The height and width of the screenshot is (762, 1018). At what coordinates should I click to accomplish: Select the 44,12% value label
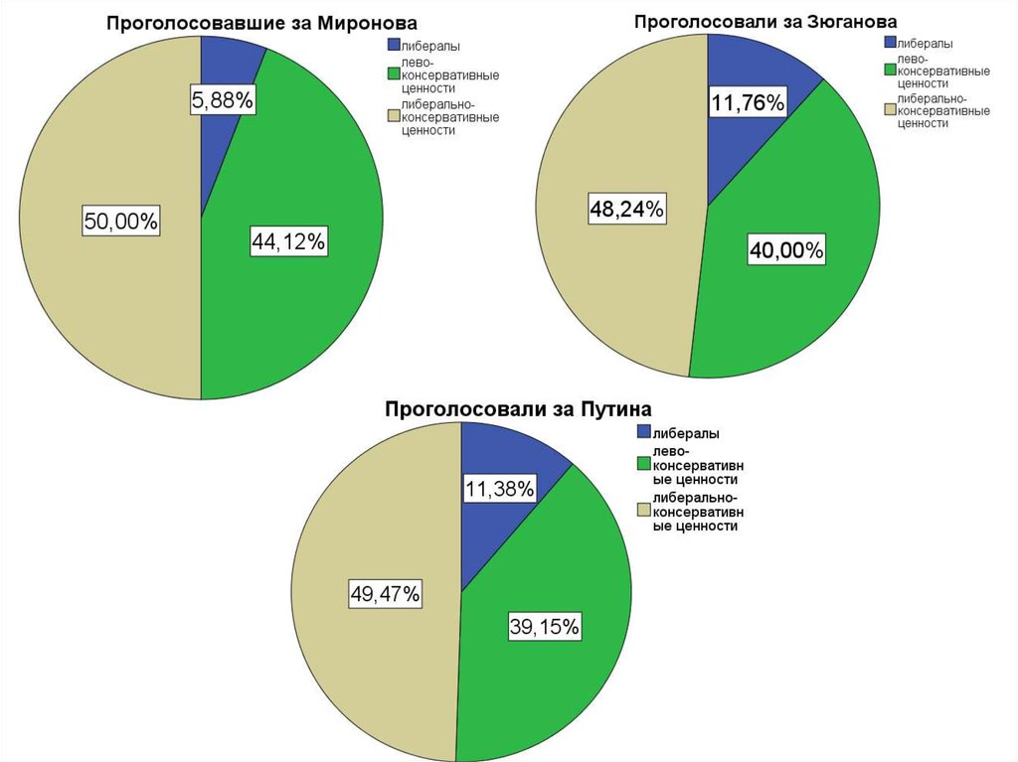click(288, 241)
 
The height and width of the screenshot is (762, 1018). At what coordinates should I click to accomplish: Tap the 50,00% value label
click(121, 222)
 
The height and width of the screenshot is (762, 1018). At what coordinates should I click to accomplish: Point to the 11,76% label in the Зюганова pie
click(748, 103)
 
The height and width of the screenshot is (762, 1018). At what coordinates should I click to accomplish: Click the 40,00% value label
click(785, 251)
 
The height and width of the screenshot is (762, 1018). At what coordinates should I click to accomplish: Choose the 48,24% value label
click(626, 209)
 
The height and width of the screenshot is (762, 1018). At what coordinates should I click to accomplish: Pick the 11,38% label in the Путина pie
click(500, 488)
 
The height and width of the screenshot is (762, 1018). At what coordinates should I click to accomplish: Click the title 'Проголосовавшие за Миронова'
click(262, 23)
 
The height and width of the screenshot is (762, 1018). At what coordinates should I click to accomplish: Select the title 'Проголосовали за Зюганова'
click(766, 21)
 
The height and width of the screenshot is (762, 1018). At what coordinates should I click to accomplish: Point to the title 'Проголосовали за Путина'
click(518, 408)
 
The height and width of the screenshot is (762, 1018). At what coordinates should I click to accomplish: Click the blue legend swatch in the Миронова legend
click(394, 46)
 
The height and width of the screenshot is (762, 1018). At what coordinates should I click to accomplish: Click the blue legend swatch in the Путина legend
click(644, 432)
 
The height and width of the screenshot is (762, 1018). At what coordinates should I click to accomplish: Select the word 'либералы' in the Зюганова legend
click(925, 44)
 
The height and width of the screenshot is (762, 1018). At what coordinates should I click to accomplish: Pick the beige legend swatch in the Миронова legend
click(394, 116)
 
